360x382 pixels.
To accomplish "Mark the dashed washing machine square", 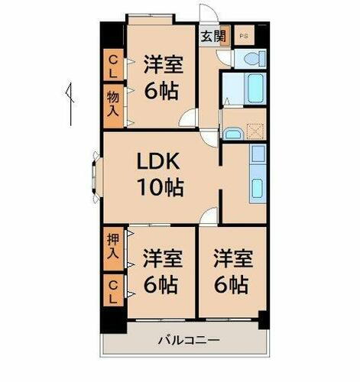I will point(255,131).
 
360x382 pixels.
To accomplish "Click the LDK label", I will point(158,162).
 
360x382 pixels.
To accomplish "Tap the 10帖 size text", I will point(160,186).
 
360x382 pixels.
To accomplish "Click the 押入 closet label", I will point(112,246).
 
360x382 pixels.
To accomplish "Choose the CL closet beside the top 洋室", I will point(112,64).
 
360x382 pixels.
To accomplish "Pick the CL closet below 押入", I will point(112,290).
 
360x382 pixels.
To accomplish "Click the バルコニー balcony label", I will point(189,339).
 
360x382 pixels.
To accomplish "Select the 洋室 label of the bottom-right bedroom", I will point(230,257).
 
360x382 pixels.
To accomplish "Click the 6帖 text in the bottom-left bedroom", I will point(161,285).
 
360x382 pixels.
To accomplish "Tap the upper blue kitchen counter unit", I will point(258,154).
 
